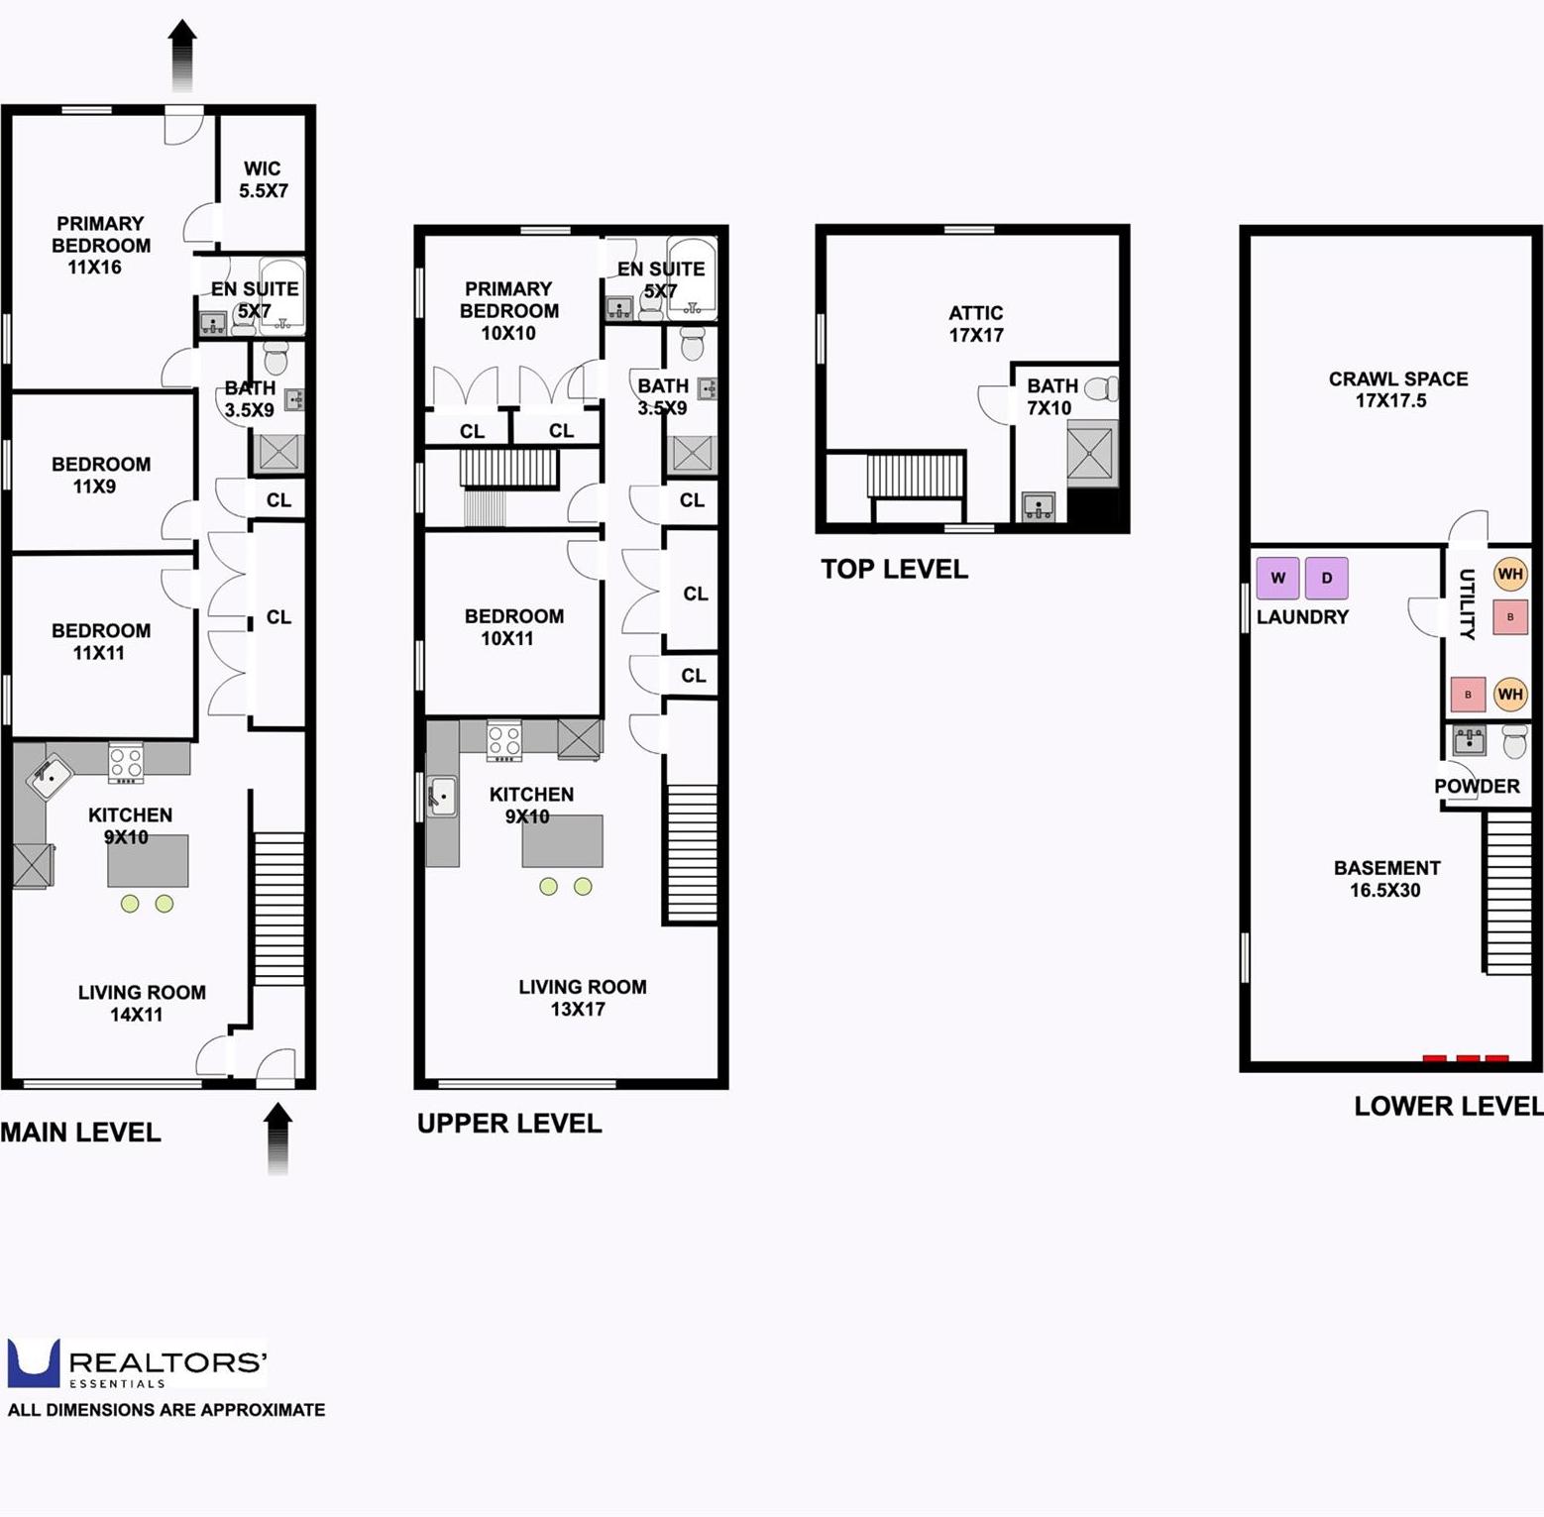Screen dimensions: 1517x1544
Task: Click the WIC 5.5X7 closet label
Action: pos(263,180)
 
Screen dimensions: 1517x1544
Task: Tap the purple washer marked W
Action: pos(1277,579)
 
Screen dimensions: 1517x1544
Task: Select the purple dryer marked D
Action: pos(1326,579)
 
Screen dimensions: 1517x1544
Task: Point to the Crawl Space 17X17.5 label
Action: pos(1397,389)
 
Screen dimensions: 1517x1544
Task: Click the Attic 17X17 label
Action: pos(976,324)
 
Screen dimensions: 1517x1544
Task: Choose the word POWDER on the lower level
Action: pos(1476,787)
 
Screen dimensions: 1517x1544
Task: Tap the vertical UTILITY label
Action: pos(1468,603)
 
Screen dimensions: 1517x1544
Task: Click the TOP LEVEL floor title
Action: pos(894,570)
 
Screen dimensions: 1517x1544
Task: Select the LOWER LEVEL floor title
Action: pos(1448,1107)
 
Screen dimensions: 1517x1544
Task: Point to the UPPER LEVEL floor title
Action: pos(509,1124)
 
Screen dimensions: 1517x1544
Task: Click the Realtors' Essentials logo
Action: pos(137,1364)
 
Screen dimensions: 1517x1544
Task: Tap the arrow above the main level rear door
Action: pos(182,54)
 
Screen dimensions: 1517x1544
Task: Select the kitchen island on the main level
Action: pos(148,861)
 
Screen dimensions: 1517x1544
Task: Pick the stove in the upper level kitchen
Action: pos(504,741)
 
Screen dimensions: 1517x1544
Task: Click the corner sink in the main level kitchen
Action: pos(49,778)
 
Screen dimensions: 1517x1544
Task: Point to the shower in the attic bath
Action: pos(1091,454)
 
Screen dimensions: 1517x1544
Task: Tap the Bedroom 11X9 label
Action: pos(101,475)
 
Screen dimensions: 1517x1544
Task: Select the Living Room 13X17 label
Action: pos(582,998)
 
